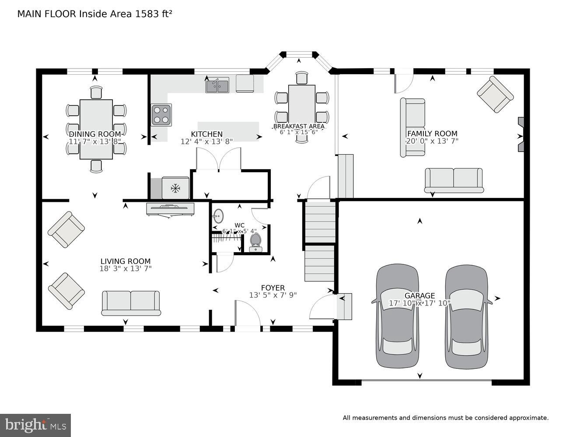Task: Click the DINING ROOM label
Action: (95, 134)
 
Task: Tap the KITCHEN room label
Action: (206, 134)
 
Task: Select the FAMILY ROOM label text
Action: (432, 134)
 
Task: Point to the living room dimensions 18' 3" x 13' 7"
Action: (126, 269)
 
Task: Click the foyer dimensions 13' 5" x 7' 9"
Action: (273, 295)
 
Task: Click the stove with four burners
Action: (161, 114)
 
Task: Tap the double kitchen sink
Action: (217, 85)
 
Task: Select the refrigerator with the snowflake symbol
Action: (175, 188)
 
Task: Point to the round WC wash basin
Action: (218, 215)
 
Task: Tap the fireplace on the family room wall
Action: (521, 135)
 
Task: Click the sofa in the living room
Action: (131, 303)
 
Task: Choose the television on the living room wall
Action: (171, 209)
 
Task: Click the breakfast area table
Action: (302, 105)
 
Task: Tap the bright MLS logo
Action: (35, 425)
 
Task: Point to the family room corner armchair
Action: (495, 94)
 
